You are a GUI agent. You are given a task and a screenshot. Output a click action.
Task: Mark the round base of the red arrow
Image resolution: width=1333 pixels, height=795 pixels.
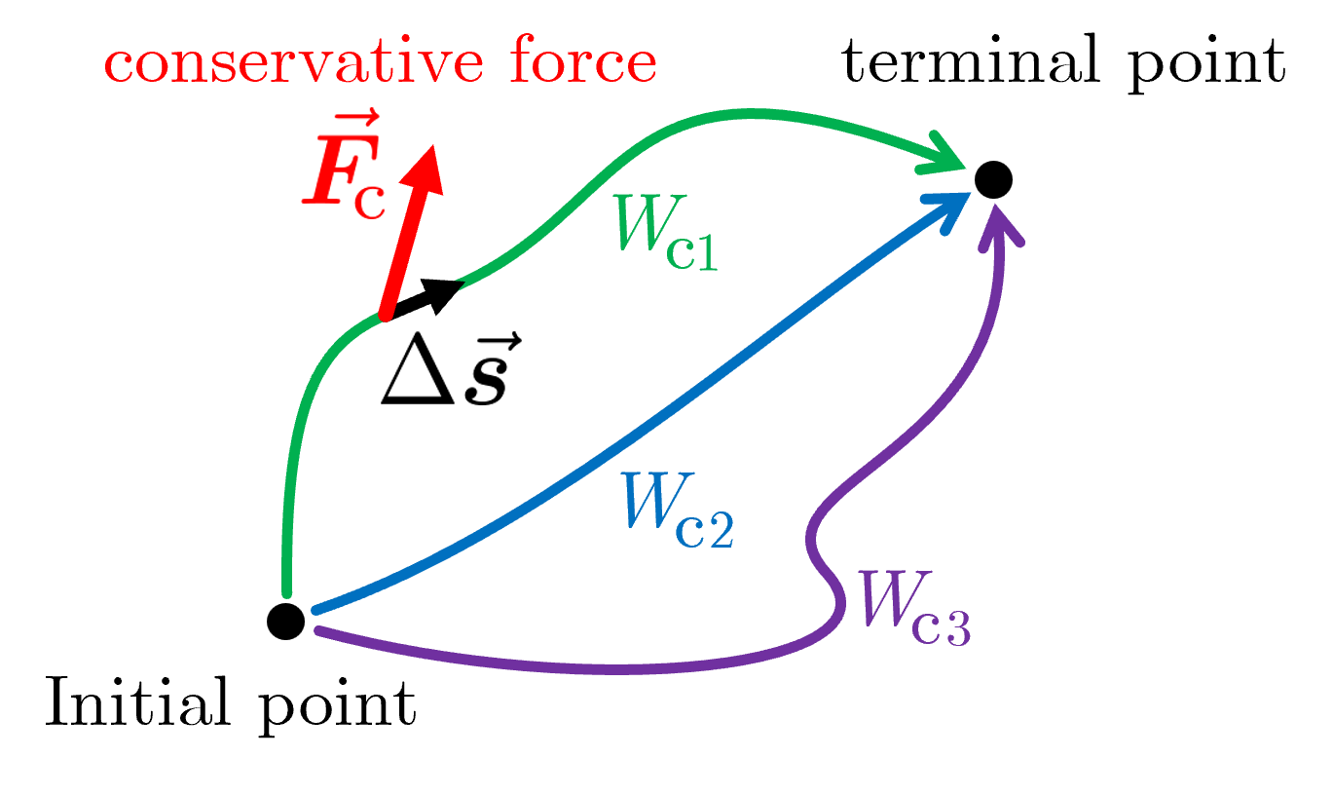[387, 314]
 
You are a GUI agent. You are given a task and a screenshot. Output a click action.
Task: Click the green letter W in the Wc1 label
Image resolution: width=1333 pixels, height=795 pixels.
[643, 223]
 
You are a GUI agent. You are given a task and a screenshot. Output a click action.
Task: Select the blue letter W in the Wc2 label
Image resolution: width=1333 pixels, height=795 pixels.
[656, 502]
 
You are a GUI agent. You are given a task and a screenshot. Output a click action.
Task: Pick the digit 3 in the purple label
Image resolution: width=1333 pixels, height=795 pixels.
[955, 630]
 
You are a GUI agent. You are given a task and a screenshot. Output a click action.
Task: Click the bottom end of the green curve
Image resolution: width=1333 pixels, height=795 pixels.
[287, 591]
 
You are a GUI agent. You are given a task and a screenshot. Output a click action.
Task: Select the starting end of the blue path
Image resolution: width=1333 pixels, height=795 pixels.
[315, 611]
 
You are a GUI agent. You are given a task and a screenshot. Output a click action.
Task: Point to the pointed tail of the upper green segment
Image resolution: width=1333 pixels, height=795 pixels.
[459, 284]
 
